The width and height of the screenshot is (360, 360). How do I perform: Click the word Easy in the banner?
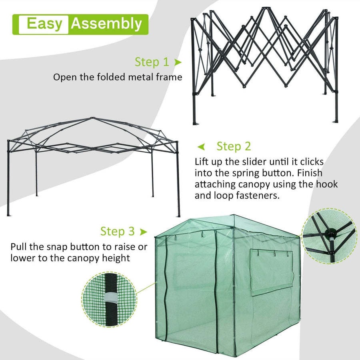[x=45, y=24]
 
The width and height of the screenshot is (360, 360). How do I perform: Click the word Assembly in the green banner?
[x=106, y=24]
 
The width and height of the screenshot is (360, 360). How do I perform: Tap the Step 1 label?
[x=152, y=62]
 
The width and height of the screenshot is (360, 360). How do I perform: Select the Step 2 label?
[x=234, y=146]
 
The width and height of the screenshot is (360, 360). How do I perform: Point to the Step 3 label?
[x=118, y=231]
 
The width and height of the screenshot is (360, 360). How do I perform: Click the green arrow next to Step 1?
[x=178, y=62]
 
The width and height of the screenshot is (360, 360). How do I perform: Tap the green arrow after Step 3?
[x=143, y=232]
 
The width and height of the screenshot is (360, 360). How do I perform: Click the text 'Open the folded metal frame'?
[x=118, y=77]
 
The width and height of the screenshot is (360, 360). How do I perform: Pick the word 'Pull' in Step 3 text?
[x=20, y=246]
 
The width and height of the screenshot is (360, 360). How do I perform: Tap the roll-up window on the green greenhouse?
[x=271, y=272]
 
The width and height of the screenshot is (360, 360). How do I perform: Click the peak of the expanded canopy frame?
[x=92, y=118]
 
